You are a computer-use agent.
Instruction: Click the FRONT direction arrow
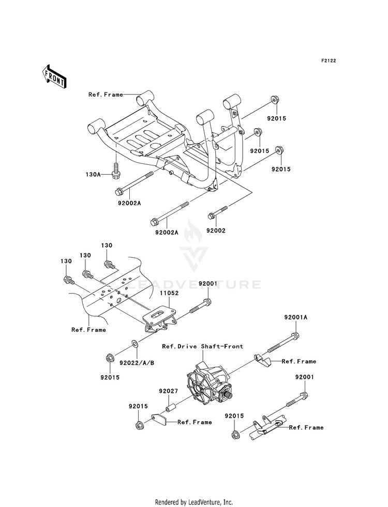[54, 76]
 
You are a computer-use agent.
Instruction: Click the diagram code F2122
[329, 60]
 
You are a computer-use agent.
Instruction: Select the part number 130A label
[93, 174]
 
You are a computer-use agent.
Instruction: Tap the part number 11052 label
[169, 293]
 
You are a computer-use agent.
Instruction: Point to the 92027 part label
[168, 391]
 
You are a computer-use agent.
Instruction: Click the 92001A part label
[296, 317]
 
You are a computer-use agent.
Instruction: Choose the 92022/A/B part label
[137, 363]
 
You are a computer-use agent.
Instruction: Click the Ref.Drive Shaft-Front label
[203, 346]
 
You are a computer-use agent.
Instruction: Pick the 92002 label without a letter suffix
[216, 231]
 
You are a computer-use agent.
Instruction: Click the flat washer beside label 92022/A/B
[135, 343]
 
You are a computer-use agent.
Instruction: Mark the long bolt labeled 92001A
[282, 343]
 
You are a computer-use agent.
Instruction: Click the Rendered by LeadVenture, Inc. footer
[194, 502]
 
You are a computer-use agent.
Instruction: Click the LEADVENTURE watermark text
[194, 285]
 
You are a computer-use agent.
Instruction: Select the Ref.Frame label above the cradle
[106, 95]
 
